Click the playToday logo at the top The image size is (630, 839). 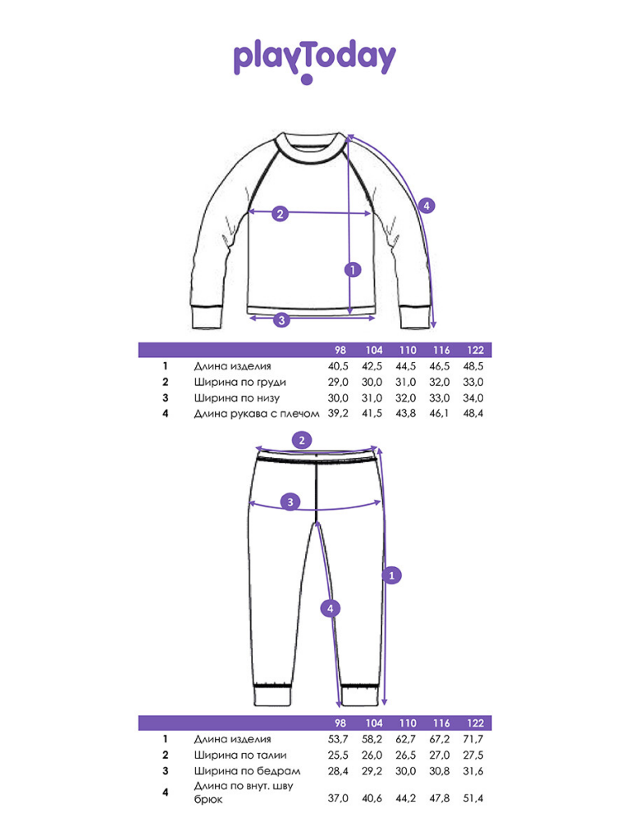(x=314, y=61)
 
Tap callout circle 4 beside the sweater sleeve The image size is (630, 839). (x=427, y=206)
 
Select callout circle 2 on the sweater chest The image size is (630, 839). (x=281, y=214)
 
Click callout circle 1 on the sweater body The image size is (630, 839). (x=353, y=270)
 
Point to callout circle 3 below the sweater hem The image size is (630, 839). (x=282, y=320)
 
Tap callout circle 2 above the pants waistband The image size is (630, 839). (x=302, y=440)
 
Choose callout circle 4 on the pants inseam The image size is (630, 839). (x=330, y=609)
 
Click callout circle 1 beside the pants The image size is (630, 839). (x=391, y=576)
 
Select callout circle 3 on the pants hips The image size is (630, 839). (x=290, y=502)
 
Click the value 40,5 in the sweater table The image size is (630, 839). (x=338, y=366)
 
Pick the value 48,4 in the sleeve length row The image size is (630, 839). (x=473, y=413)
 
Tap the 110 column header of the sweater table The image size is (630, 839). (x=408, y=350)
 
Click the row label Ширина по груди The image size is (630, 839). (x=240, y=383)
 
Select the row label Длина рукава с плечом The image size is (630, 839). (x=257, y=414)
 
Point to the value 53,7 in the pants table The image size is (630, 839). (x=338, y=740)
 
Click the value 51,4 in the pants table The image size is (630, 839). (x=473, y=798)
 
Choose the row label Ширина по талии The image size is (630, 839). (x=240, y=755)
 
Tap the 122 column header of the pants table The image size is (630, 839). (x=475, y=723)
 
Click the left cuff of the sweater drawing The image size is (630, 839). (x=207, y=317)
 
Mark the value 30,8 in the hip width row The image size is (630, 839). (x=440, y=771)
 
